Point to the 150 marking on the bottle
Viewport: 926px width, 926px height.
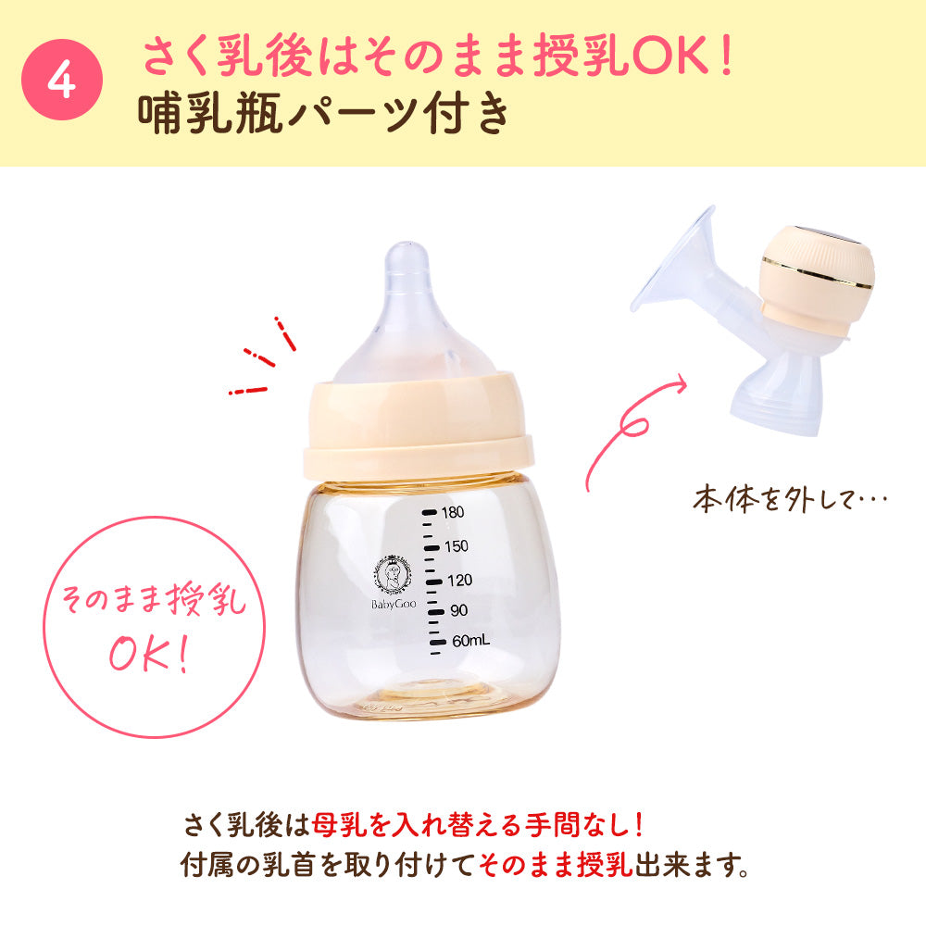coord(455,545)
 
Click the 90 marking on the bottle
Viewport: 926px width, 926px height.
coord(458,610)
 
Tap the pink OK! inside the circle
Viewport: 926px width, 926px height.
coord(148,653)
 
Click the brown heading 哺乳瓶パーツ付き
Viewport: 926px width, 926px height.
coord(324,116)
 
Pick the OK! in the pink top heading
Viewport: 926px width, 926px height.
coord(681,57)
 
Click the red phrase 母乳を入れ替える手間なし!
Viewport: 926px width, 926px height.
coord(477,822)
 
